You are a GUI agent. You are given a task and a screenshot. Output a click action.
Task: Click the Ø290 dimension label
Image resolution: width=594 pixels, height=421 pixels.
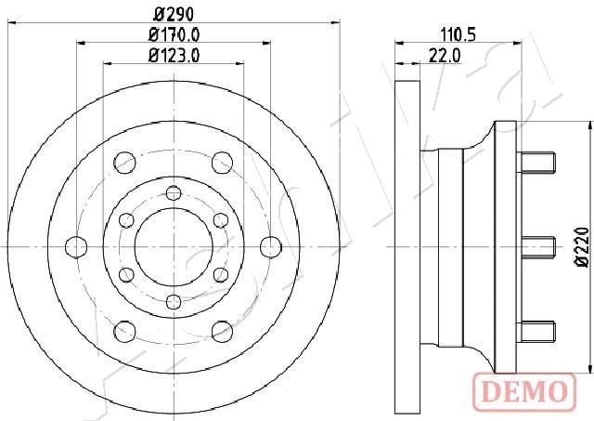tap(174, 15)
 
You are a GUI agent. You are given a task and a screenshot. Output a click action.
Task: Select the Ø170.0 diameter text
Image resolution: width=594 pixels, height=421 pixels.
tap(174, 35)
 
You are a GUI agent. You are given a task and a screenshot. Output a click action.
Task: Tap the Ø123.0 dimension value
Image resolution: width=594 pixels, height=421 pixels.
tap(174, 56)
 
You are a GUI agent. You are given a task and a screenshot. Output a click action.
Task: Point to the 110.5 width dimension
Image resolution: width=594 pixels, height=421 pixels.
tap(458, 35)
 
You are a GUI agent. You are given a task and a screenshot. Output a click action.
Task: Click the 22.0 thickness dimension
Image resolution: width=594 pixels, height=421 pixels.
tap(445, 56)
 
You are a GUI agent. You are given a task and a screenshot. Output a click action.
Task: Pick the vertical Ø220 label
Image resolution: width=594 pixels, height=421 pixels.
tap(583, 247)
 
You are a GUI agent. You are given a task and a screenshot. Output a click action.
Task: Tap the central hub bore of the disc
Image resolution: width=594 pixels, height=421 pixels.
tap(174, 247)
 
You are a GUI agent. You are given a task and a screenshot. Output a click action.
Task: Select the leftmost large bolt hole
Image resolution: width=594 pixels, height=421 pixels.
tap(76, 247)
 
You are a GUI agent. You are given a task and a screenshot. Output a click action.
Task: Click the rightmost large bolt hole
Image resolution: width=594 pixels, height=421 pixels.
tap(271, 247)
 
